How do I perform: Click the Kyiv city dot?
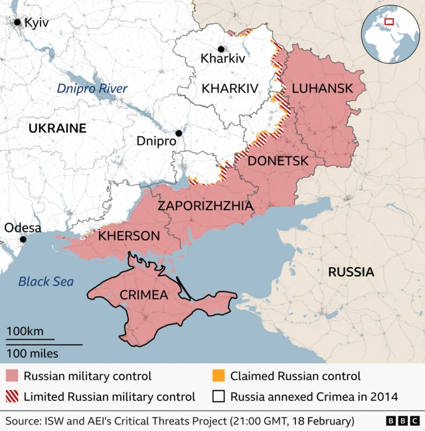17,22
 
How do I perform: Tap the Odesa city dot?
23,239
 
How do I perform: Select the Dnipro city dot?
179,133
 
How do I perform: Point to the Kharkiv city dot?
221,48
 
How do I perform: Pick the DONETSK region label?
278,161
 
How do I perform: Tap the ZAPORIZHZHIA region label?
205,207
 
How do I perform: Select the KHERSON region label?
129,236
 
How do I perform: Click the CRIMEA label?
143,295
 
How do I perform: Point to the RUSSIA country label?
350,272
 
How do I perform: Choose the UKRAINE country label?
57,128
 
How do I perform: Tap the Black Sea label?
46,282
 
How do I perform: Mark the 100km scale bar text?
25,331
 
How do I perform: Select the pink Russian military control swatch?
11,377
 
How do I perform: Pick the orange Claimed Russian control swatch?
218,377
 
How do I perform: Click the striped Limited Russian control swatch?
11,397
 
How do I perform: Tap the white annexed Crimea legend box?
218,397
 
